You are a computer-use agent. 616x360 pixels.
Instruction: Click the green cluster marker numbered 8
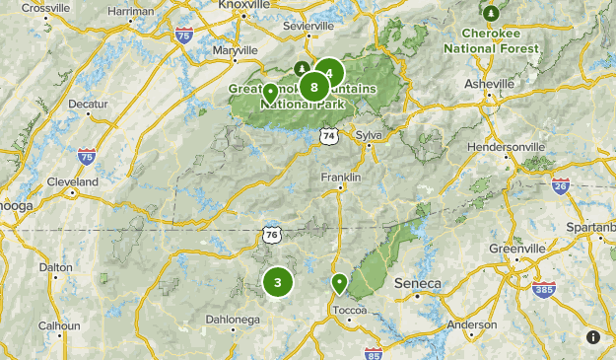pyautogui.click(x=314, y=87)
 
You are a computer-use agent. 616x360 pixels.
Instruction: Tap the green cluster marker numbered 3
pyautogui.click(x=278, y=283)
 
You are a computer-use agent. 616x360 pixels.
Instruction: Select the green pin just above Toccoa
pyautogui.click(x=339, y=284)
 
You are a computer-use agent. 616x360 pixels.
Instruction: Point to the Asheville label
pyautogui.click(x=490, y=85)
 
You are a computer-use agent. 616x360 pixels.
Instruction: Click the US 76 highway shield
pyautogui.click(x=272, y=234)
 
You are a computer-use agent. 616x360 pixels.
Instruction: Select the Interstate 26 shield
pyautogui.click(x=561, y=185)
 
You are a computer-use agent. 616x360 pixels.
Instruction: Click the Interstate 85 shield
pyautogui.click(x=373, y=353)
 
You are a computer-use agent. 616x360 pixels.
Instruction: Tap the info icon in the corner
pyautogui.click(x=593, y=337)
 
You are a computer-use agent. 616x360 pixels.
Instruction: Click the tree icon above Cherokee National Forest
pyautogui.click(x=491, y=13)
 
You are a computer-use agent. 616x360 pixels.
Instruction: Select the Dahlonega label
pyautogui.click(x=233, y=319)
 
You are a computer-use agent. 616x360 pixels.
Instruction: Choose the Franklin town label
pyautogui.click(x=341, y=177)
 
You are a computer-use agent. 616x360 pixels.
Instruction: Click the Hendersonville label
pyautogui.click(x=507, y=146)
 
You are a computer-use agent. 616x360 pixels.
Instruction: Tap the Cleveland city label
pyautogui.click(x=73, y=182)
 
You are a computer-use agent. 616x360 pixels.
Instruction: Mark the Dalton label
pyautogui.click(x=55, y=267)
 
